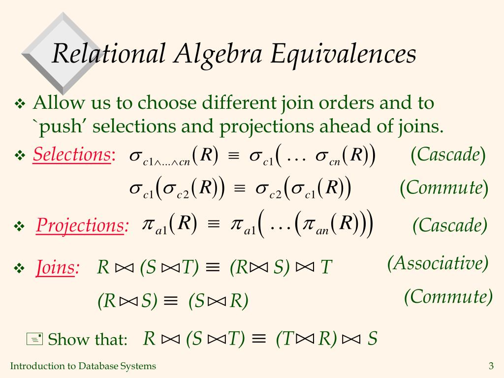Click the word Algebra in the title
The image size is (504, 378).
click(x=218, y=54)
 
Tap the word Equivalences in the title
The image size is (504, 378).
click(x=344, y=54)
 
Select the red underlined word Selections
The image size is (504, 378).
click(x=72, y=155)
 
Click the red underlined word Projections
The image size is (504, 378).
click(x=80, y=225)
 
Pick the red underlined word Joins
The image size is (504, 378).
click(x=55, y=267)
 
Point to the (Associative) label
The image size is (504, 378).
click(x=438, y=263)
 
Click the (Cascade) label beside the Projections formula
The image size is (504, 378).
click(x=450, y=225)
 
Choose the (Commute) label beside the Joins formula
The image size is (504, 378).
click(x=448, y=296)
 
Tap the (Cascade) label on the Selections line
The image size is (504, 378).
click(x=448, y=155)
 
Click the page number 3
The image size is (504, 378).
click(x=491, y=366)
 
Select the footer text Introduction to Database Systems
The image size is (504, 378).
click(x=83, y=366)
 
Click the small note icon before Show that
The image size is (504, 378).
click(x=34, y=340)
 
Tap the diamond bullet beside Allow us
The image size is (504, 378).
click(x=20, y=104)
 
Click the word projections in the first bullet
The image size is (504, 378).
click(x=266, y=126)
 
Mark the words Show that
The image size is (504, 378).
click(x=88, y=340)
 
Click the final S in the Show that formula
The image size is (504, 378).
click(x=373, y=339)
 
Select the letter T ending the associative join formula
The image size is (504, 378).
click(x=326, y=267)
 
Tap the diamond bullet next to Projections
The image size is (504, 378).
click(x=19, y=226)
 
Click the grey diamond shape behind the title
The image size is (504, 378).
click(x=63, y=54)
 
